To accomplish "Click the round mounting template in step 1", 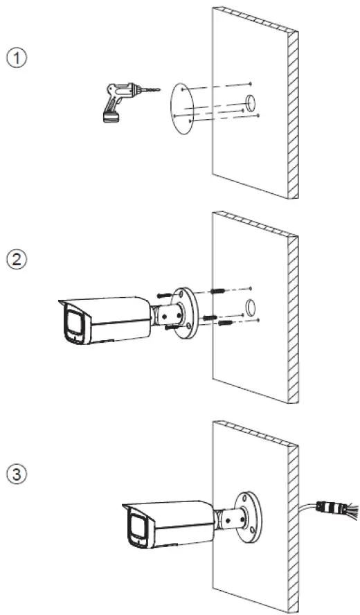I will tap(182, 109).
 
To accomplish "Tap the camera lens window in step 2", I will tap(73, 324).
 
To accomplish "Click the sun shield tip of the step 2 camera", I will tap(61, 301).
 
